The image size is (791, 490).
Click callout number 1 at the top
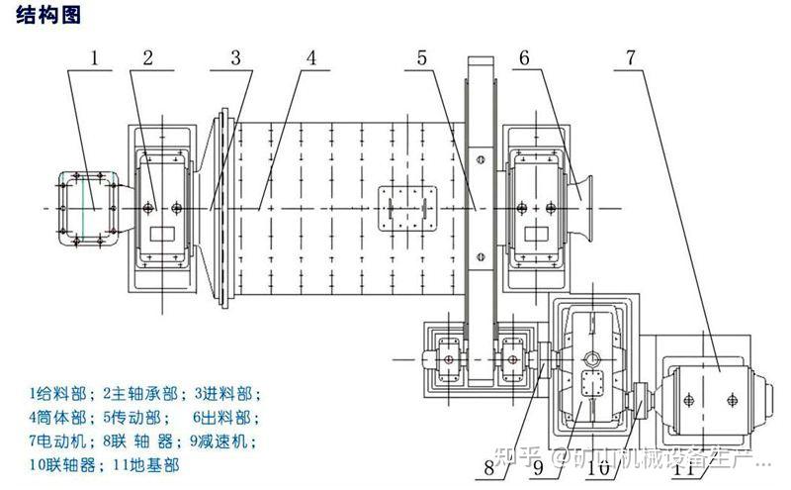pyautogui.click(x=96, y=57)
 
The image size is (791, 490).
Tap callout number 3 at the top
pyautogui.click(x=235, y=57)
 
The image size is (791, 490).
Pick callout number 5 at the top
pyautogui.click(x=422, y=57)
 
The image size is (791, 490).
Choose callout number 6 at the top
pyautogui.click(x=524, y=57)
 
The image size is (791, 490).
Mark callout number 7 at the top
pyautogui.click(x=630, y=57)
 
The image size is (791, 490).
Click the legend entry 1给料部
pyautogui.click(x=56, y=393)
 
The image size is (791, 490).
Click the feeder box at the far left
pyautogui.click(x=86, y=207)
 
